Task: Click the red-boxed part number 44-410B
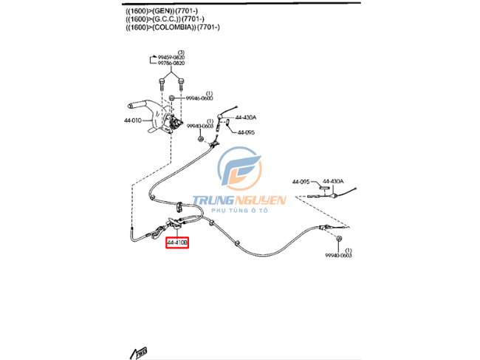(x=177, y=242)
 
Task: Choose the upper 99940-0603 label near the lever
(x=199, y=126)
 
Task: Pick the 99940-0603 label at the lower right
(x=338, y=256)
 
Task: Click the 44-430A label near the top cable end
(x=246, y=117)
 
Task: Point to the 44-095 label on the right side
(x=301, y=181)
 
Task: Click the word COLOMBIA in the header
(x=171, y=27)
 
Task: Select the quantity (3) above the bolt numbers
(x=181, y=51)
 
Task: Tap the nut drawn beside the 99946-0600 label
(x=171, y=98)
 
